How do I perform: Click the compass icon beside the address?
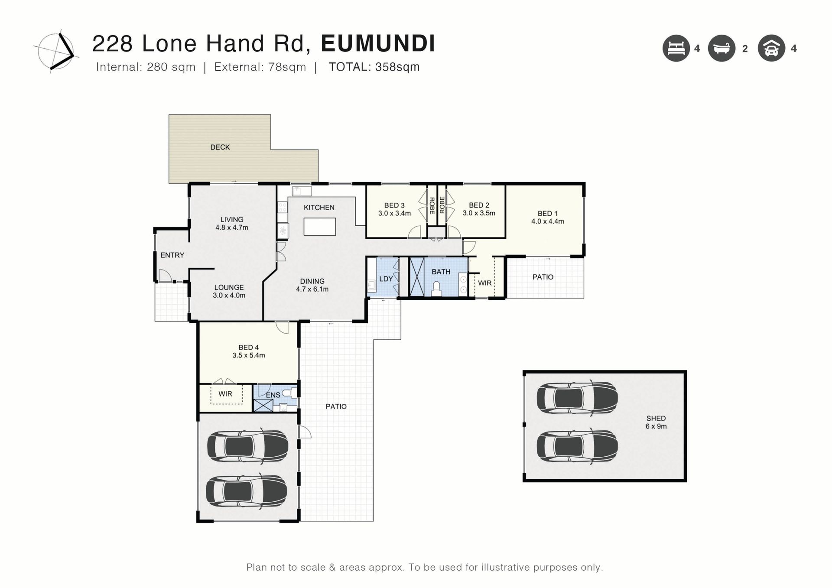pos(56,51)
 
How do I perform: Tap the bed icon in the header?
pos(676,48)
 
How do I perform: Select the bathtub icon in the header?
pos(721,48)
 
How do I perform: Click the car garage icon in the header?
pos(771,48)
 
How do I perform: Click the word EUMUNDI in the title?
pos(378,43)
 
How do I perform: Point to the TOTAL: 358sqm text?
pos(374,67)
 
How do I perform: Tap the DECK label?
pos(220,147)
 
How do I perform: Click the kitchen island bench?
pos(320,227)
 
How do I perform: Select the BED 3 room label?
pos(394,205)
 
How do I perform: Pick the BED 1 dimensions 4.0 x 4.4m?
pos(548,221)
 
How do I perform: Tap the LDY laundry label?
pos(386,279)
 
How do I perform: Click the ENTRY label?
pos(172,255)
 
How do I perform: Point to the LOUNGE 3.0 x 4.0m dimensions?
pos(229,296)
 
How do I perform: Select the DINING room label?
pos(312,281)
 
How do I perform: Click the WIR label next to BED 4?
pos(225,394)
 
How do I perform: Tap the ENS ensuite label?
pos(273,395)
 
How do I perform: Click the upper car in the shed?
pos(577,397)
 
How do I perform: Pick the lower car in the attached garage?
pos(247,491)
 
